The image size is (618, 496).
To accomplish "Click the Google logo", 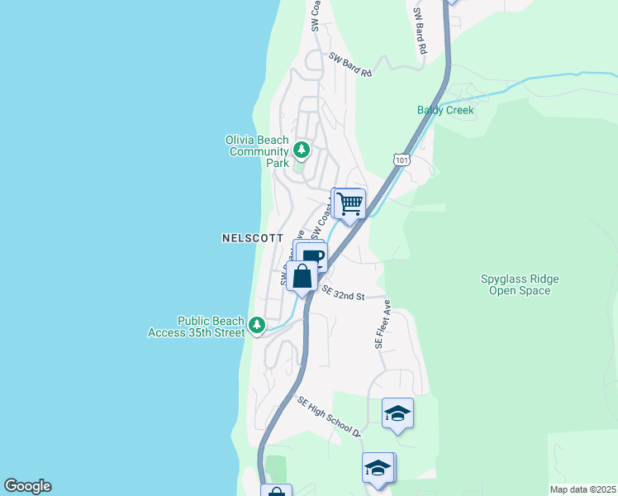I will pyautogui.click(x=27, y=486).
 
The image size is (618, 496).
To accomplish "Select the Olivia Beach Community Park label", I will pyautogui.click(x=258, y=151).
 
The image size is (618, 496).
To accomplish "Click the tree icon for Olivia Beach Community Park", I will pyautogui.click(x=302, y=150).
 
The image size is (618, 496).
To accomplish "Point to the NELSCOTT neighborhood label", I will pyautogui.click(x=253, y=238).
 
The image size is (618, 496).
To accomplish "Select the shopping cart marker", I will pyautogui.click(x=350, y=203).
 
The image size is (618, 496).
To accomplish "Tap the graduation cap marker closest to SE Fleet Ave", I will pyautogui.click(x=397, y=413).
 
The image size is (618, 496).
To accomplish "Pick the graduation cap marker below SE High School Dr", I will pyautogui.click(x=378, y=468).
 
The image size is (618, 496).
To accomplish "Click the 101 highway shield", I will pyautogui.click(x=401, y=158).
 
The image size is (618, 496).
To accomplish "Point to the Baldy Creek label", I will pyautogui.click(x=446, y=110).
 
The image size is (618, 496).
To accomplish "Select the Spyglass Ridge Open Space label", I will pyautogui.click(x=519, y=284).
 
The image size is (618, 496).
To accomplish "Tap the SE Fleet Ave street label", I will pyautogui.click(x=383, y=323).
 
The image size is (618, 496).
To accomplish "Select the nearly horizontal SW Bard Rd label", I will pyautogui.click(x=350, y=65).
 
